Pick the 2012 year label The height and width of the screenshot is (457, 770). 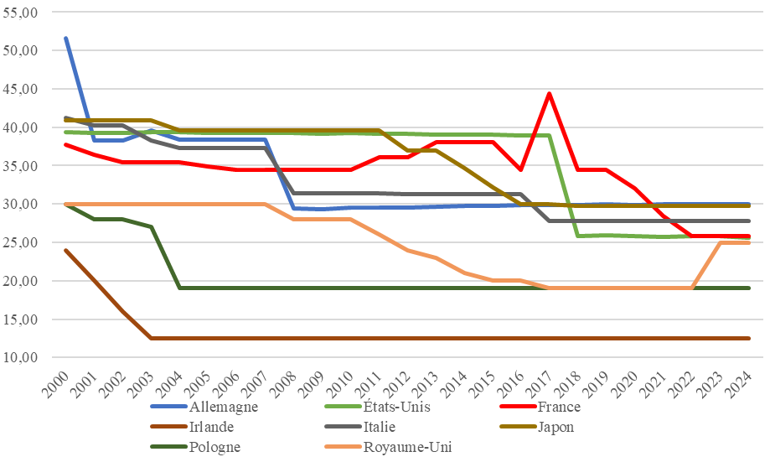click(x=397, y=384)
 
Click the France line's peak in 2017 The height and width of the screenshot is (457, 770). click(x=549, y=93)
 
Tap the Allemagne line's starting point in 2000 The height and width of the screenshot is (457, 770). click(x=66, y=38)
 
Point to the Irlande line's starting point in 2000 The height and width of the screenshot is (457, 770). click(x=66, y=250)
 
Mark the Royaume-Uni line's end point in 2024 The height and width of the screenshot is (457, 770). click(x=749, y=242)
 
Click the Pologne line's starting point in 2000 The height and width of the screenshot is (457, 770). click(x=66, y=205)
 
